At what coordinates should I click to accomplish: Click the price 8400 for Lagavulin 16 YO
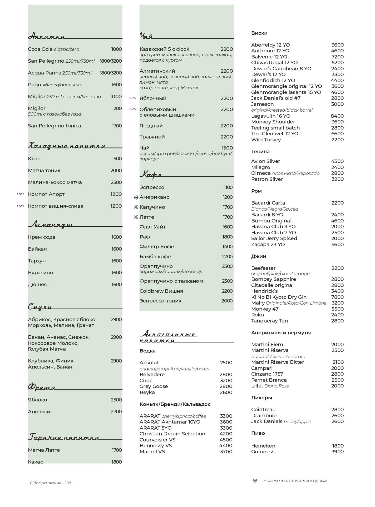337,116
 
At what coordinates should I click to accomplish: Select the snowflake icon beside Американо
136,197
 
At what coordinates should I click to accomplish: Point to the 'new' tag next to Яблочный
133,98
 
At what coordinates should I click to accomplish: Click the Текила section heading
260,152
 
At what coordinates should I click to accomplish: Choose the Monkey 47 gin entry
265,309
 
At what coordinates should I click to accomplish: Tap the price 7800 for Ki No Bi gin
337,297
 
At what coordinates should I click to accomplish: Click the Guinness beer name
263,452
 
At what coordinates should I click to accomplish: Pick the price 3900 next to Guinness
337,452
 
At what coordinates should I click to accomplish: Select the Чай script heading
146,36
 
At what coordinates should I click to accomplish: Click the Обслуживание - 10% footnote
51,483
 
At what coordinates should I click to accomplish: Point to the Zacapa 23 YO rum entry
268,245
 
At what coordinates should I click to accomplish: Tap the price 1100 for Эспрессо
228,187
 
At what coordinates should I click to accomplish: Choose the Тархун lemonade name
37,261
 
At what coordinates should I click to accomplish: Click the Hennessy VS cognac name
156,446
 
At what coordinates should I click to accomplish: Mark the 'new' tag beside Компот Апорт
21,193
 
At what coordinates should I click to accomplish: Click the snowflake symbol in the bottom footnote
255,481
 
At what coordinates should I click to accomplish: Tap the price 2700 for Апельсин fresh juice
116,412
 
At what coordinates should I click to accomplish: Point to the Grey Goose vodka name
154,386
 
